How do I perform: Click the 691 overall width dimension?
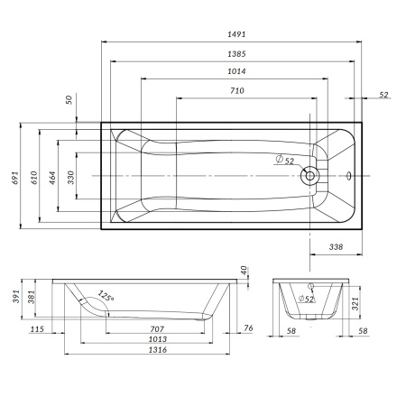pyautogui.click(x=14, y=178)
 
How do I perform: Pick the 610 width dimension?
pyautogui.click(x=33, y=178)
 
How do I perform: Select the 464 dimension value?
pyautogui.click(x=53, y=178)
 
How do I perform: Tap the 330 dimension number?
pyautogui.click(x=72, y=178)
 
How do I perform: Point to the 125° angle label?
pyautogui.click(x=106, y=296)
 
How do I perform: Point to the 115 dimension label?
pyautogui.click(x=36, y=329)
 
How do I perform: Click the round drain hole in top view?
pyautogui.click(x=310, y=175)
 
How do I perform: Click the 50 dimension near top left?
pyautogui.click(x=68, y=100)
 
